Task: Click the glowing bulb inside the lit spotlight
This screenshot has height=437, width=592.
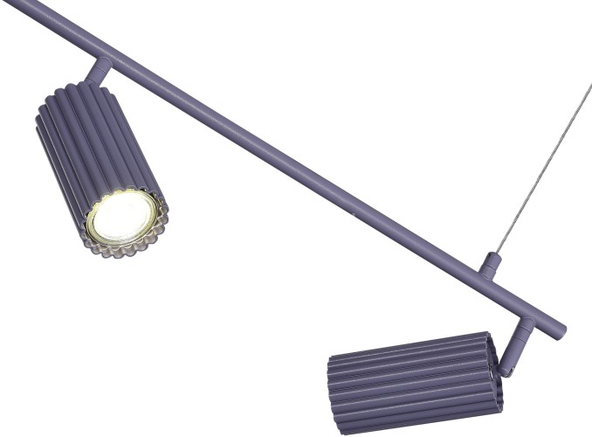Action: [x=122, y=216]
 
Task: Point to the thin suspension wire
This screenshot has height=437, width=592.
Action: [x=541, y=166]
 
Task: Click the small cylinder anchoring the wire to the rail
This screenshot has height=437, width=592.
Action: [x=492, y=265]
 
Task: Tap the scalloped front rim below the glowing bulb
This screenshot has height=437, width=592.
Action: [x=131, y=245]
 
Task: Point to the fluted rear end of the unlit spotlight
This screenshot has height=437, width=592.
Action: [x=494, y=371]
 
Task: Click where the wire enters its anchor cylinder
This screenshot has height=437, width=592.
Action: [x=494, y=254]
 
